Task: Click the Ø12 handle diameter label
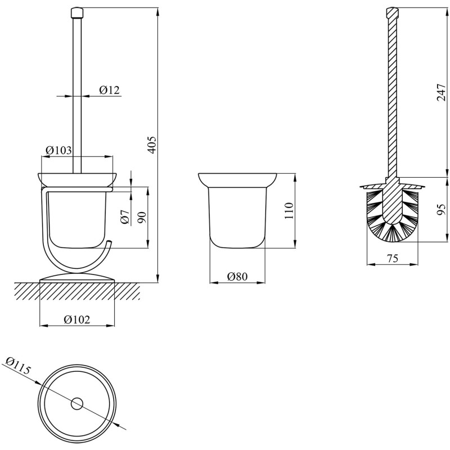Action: [x=109, y=90]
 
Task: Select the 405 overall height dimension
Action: [x=152, y=145]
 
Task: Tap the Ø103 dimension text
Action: [x=58, y=150]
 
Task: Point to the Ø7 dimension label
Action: [x=125, y=217]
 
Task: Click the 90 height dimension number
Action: [x=142, y=218]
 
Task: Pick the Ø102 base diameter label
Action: [x=77, y=319]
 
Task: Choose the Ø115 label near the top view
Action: [x=18, y=365]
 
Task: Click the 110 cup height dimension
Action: [x=289, y=210]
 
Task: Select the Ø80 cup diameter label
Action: [x=237, y=276]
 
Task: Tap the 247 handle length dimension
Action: [x=441, y=92]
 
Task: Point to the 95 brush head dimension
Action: [x=441, y=209]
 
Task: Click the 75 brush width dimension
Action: [x=393, y=258]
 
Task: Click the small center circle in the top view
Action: [x=76, y=404]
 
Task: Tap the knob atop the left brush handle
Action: [x=76, y=12]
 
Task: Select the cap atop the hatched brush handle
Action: [x=392, y=12]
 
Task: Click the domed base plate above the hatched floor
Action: [x=77, y=278]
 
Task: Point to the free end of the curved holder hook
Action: [x=109, y=243]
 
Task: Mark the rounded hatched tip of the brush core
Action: [x=392, y=217]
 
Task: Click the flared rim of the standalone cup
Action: [x=237, y=180]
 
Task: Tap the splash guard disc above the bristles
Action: [x=392, y=187]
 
